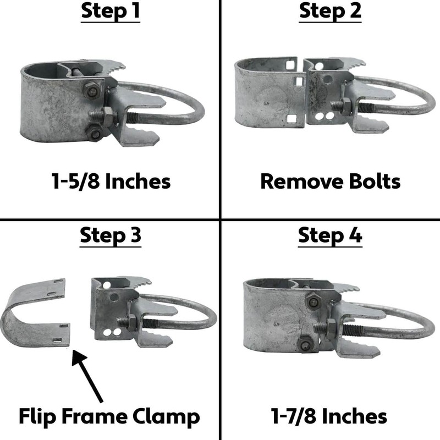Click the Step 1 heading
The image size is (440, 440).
pos(110,12)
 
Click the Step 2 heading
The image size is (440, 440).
pos(330,12)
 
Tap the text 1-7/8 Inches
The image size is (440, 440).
pos(330,416)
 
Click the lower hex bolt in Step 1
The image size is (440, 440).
pos(95,133)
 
